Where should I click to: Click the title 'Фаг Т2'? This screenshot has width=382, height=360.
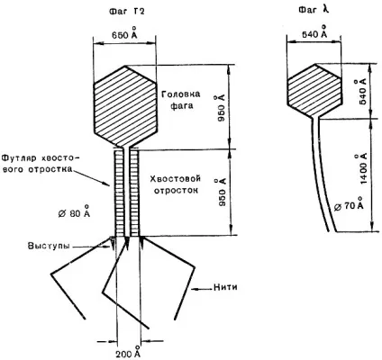(x=127, y=12)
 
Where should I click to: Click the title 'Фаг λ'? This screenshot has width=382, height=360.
(x=314, y=10)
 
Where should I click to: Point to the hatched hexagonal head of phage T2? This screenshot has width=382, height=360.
(x=125, y=106)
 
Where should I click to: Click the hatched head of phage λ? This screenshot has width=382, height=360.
(x=314, y=90)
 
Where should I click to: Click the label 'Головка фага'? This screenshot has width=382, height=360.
(x=181, y=100)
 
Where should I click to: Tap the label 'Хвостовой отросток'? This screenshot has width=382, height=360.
(x=176, y=184)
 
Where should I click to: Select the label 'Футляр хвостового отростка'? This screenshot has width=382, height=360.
(x=41, y=163)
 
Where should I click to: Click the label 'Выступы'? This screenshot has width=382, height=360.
(x=49, y=246)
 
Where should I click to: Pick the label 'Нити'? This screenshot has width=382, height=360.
(x=225, y=287)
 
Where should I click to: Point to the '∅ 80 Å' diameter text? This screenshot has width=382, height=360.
(x=74, y=211)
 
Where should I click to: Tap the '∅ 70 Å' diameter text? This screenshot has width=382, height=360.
(x=349, y=204)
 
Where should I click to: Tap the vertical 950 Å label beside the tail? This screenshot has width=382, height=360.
(x=222, y=192)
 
